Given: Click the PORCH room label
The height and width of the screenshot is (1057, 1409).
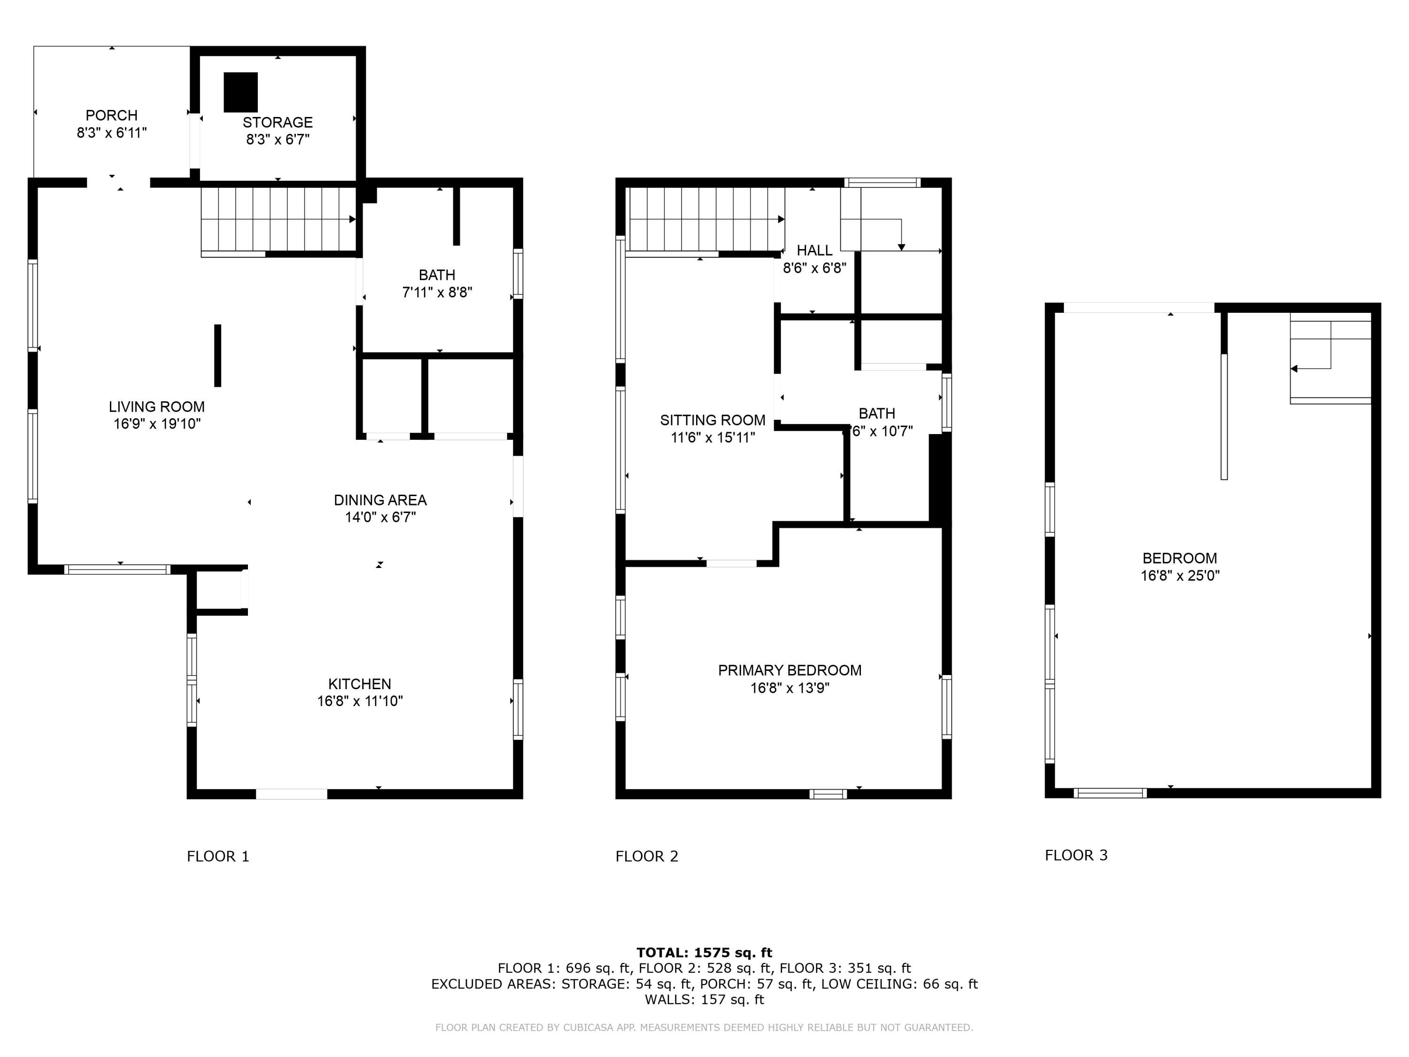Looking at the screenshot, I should point(111,115).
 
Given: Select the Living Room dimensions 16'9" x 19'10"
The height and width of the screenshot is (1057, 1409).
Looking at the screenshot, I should point(157,424).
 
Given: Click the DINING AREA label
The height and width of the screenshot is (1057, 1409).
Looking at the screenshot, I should point(380,500).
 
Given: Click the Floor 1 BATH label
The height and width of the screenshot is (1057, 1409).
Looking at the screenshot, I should point(437,275).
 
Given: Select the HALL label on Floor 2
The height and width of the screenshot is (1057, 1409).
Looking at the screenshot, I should point(814,250).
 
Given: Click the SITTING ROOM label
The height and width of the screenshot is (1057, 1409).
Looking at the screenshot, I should point(712,420).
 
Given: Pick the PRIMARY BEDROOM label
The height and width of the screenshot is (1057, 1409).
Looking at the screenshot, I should point(789,670).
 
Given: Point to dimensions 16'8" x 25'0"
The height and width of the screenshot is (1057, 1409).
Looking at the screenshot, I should point(1180,575).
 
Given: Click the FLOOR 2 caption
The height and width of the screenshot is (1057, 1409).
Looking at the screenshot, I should point(647,856).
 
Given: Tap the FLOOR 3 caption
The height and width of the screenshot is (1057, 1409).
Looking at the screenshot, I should point(1076,855).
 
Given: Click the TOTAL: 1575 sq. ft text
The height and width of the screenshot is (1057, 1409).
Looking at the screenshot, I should point(704,953).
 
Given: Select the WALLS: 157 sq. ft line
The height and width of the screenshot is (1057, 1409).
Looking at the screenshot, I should point(704,999).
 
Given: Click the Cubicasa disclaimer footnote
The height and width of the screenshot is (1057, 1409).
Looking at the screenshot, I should point(704,1027).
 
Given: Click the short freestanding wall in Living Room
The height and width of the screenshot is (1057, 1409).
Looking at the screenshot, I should point(217,356).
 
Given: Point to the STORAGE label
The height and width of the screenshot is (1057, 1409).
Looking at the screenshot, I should point(278,122).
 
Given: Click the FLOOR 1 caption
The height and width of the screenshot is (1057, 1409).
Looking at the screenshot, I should point(218,856).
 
